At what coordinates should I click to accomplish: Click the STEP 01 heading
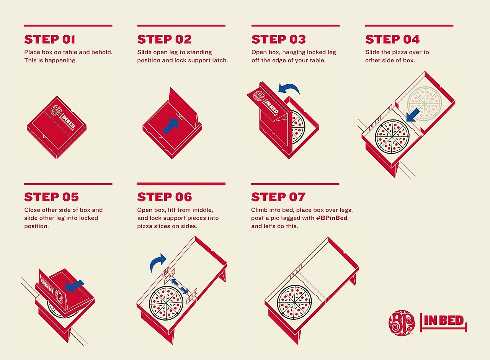pyautogui.click(x=50, y=39)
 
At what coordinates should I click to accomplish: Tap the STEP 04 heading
pyautogui.click(x=392, y=39)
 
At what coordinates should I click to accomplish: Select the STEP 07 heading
pyautogui.click(x=278, y=197)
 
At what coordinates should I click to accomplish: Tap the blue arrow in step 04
pyautogui.click(x=412, y=116)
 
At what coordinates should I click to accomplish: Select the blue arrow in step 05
pyautogui.click(x=74, y=286)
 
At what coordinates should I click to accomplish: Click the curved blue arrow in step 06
pyautogui.click(x=157, y=262)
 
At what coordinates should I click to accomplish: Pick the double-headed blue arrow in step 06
pyautogui.click(x=180, y=286)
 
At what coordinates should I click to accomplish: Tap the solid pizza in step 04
pyautogui.click(x=392, y=137)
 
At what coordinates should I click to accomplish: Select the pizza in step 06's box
pyautogui.click(x=166, y=303)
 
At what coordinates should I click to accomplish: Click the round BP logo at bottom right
pyautogui.click(x=402, y=323)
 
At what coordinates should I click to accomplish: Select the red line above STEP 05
pyautogui.click(x=68, y=184)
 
